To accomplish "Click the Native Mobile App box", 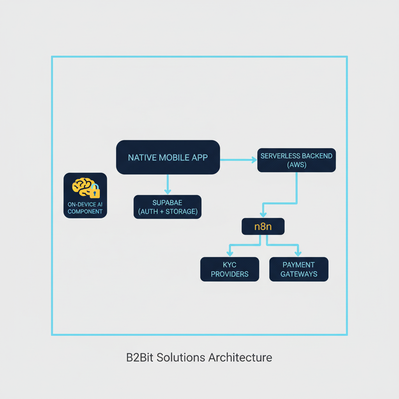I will point(168,157).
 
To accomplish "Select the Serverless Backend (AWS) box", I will point(297,160).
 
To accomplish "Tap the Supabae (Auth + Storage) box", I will point(168,207).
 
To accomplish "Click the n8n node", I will point(263,226).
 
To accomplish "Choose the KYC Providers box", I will point(230,269).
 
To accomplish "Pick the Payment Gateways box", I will point(299,269).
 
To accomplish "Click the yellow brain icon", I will point(82,187).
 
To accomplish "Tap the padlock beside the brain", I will point(95,191).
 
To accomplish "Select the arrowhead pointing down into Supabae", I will point(168,191).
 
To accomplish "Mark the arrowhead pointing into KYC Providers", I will point(230,254).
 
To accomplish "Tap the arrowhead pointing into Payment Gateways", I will point(298,254).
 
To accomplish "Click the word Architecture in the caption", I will point(240,357).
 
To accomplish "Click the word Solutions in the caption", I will point(182,357).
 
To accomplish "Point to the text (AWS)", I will point(297,165).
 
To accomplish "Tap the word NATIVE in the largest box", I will point(143,157).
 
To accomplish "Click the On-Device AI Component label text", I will point(85,208).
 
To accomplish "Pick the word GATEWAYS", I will point(299,274).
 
